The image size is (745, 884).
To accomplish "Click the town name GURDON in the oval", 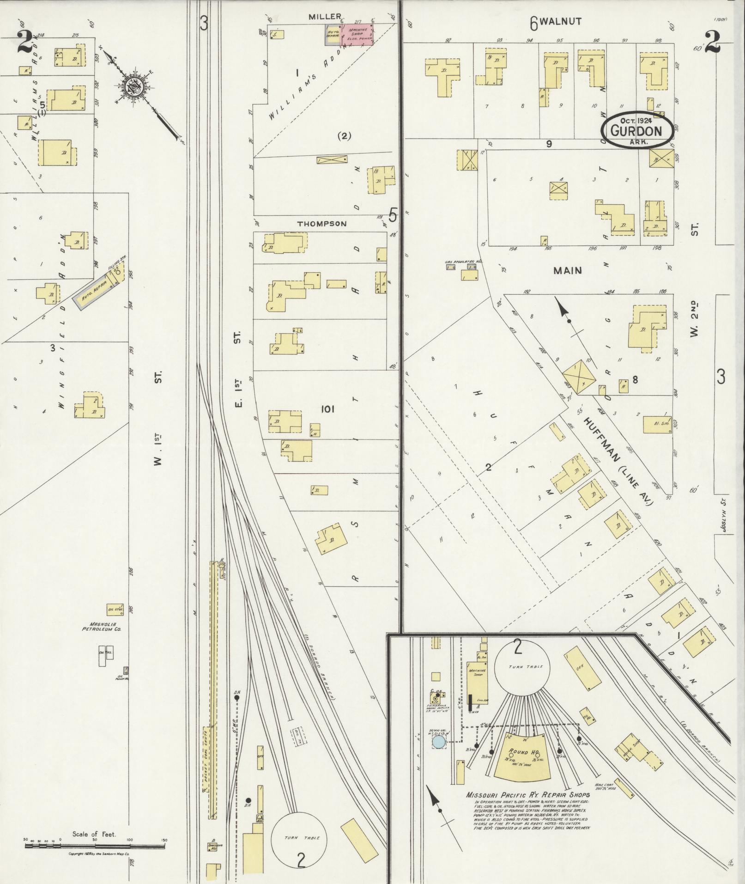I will click(x=636, y=131).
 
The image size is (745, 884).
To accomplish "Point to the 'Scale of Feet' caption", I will click(x=94, y=834).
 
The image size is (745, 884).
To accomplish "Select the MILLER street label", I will click(x=325, y=17).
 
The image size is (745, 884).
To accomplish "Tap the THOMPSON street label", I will click(x=321, y=224).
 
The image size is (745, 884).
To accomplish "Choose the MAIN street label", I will click(x=568, y=270).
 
